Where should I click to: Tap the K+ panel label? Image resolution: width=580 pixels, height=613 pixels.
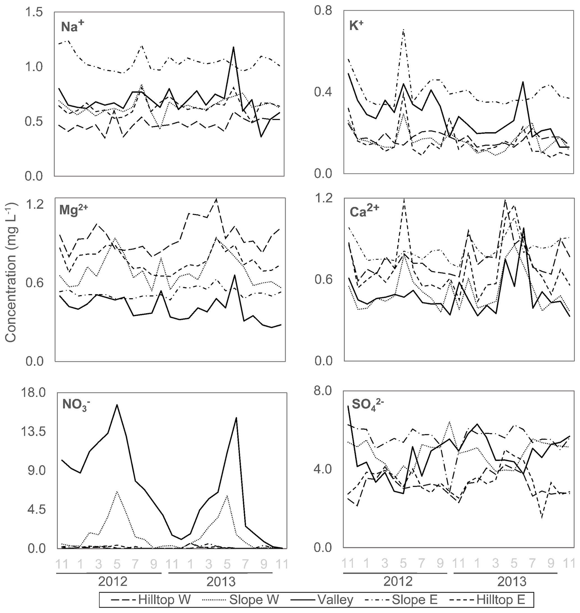pos(356,26)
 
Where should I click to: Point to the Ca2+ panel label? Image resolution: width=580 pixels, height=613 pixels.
pos(364,211)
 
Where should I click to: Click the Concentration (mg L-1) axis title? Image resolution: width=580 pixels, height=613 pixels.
pos(11,272)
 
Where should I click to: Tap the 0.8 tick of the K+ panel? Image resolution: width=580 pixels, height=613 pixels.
pos(323,11)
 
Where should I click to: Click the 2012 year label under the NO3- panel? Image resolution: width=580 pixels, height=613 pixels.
pos(113,582)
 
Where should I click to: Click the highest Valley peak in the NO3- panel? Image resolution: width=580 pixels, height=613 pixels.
pos(117,405)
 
